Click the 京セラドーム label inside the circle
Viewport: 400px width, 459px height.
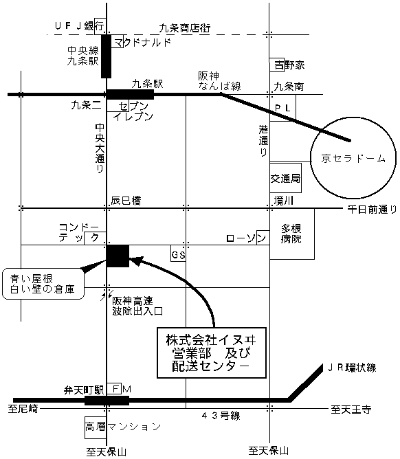pos(353,158)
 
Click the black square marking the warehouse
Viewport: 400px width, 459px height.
pos(118,256)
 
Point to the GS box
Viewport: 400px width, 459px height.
pos(178,254)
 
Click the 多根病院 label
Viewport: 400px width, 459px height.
pos(291,234)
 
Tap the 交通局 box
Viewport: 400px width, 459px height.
pos(285,178)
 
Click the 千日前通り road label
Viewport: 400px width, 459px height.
pos(372,209)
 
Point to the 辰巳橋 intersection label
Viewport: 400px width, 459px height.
pos(126,201)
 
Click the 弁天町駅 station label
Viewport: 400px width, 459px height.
pos(84,390)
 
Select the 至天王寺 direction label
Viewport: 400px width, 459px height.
pos(351,409)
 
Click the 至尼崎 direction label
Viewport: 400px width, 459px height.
pos(23,408)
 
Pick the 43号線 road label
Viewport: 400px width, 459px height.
pos(221,416)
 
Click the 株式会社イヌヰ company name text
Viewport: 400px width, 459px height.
pos(211,340)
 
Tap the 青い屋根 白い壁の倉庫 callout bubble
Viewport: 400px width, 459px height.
pos(43,284)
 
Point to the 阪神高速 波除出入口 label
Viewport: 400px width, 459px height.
pos(137,306)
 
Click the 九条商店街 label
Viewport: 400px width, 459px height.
pos(185,28)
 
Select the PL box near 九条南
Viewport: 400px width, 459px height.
pos(282,108)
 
